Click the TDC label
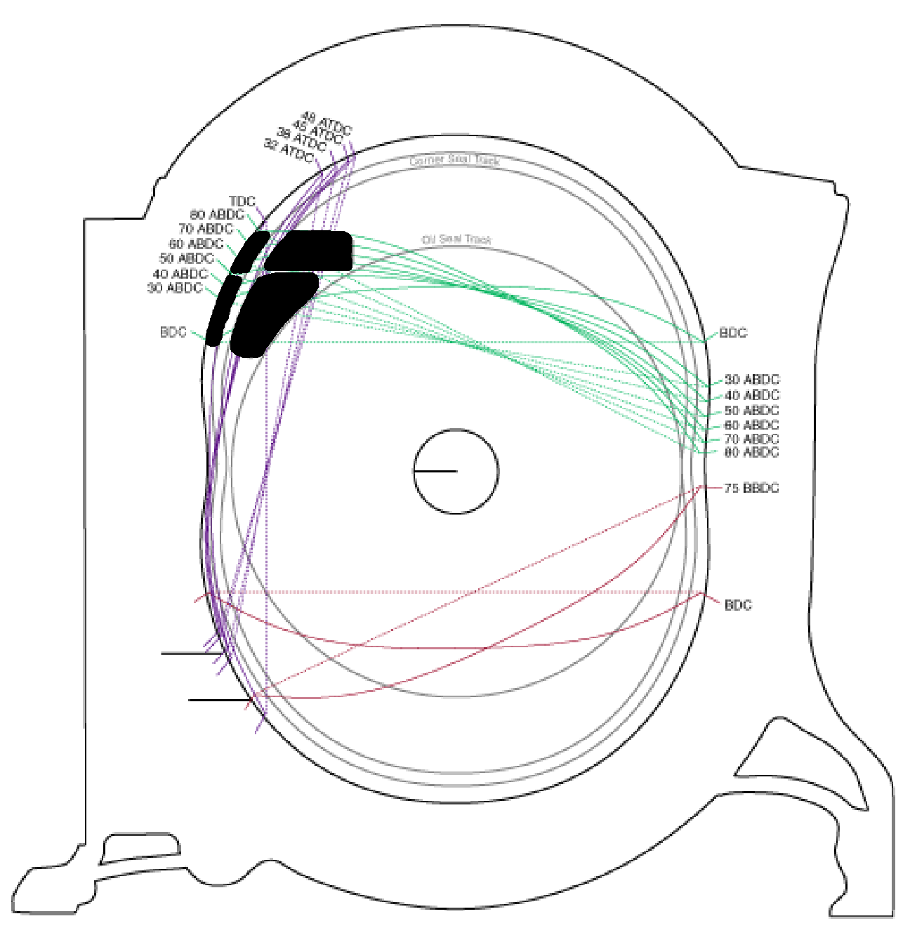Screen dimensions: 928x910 242,202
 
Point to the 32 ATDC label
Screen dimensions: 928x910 289,150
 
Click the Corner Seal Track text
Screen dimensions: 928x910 454,161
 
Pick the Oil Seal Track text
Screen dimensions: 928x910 456,239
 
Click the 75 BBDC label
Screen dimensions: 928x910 751,488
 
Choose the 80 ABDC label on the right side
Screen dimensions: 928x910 751,452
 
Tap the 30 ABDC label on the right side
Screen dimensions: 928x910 751,380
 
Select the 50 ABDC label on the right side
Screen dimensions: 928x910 751,411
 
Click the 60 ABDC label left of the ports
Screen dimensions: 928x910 196,244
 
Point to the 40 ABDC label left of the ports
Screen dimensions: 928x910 180,274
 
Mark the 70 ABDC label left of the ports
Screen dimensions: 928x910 206,229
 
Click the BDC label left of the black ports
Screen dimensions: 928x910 173,332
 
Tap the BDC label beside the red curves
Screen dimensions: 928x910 737,605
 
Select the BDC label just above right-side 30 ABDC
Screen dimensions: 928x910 733,333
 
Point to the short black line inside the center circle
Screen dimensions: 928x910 435,471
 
